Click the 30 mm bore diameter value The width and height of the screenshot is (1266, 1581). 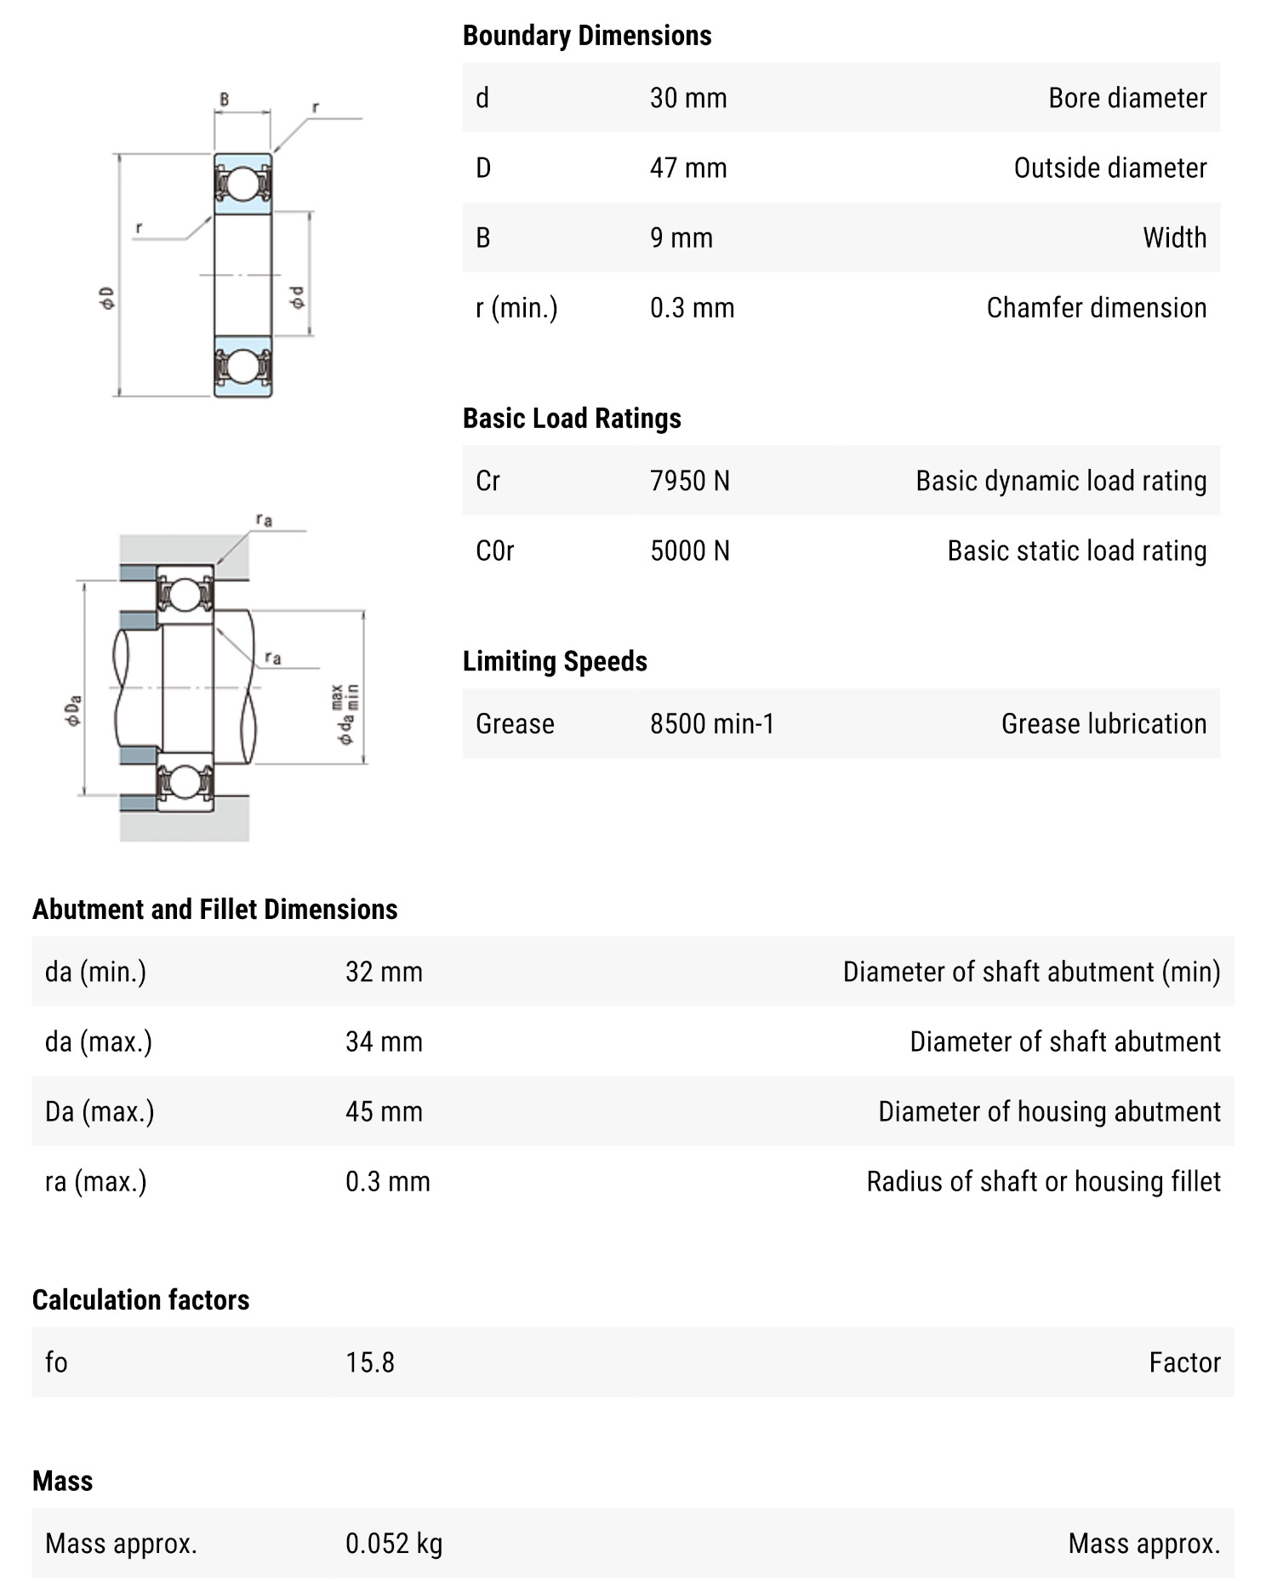pos(687,98)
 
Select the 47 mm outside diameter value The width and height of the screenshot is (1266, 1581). pos(687,168)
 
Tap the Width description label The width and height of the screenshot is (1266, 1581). pos(1174,237)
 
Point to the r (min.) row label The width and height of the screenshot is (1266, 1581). pos(516,307)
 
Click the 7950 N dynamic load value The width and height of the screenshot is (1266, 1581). pos(689,481)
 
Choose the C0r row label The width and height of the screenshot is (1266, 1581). pos(494,551)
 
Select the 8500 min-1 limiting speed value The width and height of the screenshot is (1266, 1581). pos(711,723)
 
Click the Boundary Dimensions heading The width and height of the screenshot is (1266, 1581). pos(586,36)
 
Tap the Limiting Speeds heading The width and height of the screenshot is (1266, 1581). pos(554,661)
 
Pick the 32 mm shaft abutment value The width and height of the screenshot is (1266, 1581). pos(384,972)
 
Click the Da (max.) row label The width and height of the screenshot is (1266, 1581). pos(100,1111)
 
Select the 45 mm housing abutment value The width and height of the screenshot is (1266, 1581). pos(384,1111)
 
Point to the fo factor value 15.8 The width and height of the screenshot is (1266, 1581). pos(369,1362)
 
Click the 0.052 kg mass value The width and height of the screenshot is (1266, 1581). pos(393,1544)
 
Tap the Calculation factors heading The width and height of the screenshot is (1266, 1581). pos(140,1299)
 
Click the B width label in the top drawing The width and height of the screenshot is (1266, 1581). pos(225,100)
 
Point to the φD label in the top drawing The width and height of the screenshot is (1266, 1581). pos(107,298)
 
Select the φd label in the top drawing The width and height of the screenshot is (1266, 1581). pos(298,298)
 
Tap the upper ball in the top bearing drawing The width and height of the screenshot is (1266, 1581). pos(242,184)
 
